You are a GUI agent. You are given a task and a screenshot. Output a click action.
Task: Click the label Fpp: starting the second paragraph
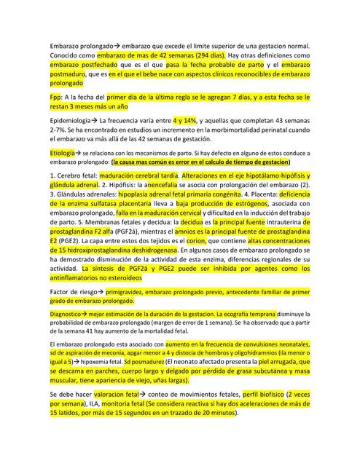(x=58, y=96)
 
